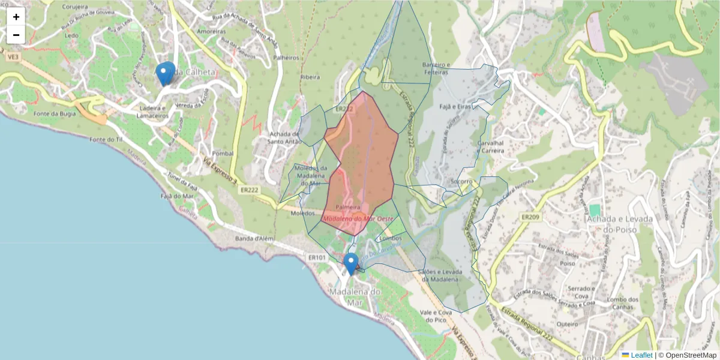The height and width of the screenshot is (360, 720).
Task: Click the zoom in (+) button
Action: (x=16, y=16)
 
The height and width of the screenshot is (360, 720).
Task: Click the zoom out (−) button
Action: (x=16, y=35)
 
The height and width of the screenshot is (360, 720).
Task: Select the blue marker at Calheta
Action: (x=165, y=74)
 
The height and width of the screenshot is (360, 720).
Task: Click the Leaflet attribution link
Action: (x=641, y=355)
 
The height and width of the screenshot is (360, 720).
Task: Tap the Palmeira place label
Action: (x=348, y=207)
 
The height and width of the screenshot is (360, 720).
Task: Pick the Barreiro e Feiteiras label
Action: (x=436, y=68)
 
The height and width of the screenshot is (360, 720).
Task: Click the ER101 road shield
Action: (x=316, y=257)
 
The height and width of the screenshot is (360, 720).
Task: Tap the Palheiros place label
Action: (x=286, y=58)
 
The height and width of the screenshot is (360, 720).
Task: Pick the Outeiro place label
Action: (x=567, y=323)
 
